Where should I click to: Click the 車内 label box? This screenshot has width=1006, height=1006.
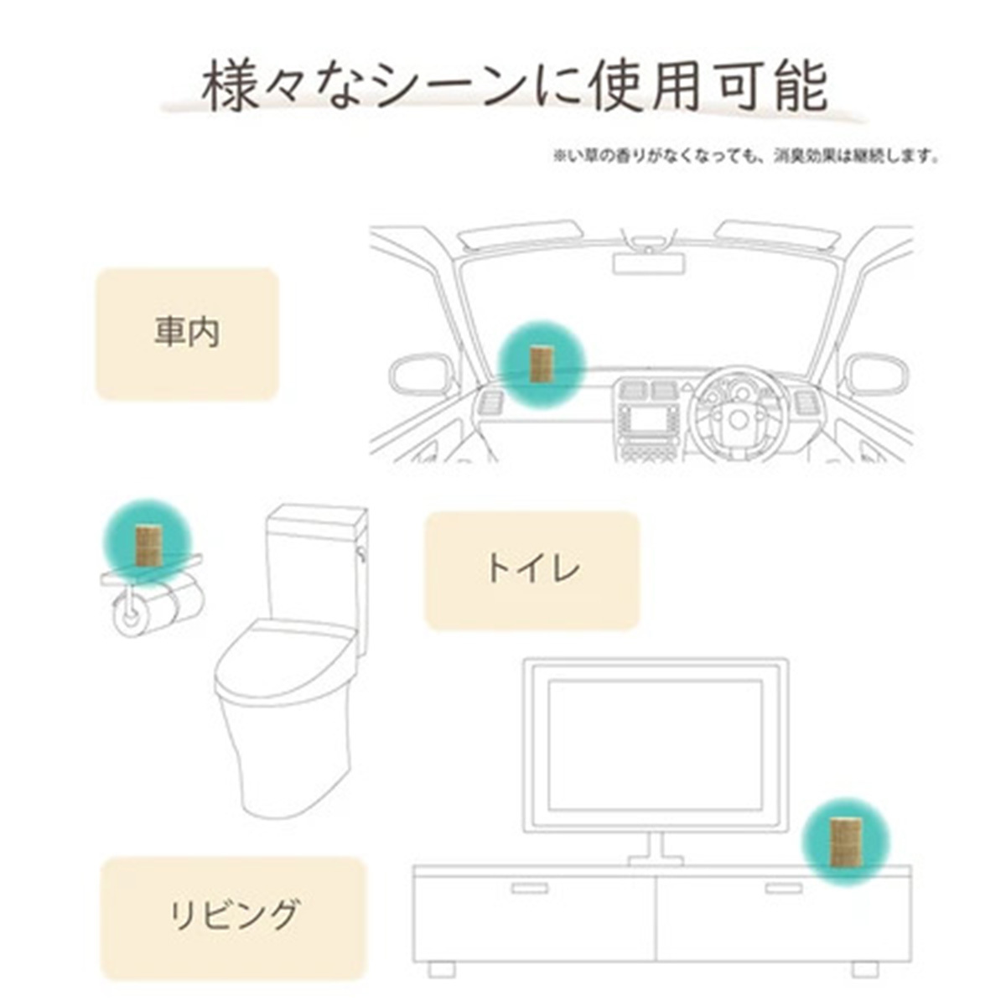pyautogui.click(x=186, y=334)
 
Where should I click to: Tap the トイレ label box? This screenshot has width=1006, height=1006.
pyautogui.click(x=532, y=570)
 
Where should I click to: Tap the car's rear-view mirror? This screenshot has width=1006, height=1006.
pyautogui.click(x=649, y=262)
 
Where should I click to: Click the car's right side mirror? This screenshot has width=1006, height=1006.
pyautogui.click(x=875, y=374)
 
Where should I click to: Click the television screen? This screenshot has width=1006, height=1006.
pyautogui.click(x=654, y=744)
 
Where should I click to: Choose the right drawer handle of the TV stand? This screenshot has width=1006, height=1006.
pyautogui.click(x=784, y=888)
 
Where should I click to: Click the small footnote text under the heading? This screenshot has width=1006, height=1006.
pyautogui.click(x=745, y=156)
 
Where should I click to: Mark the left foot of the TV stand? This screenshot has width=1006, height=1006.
pyautogui.click(x=441, y=969)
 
